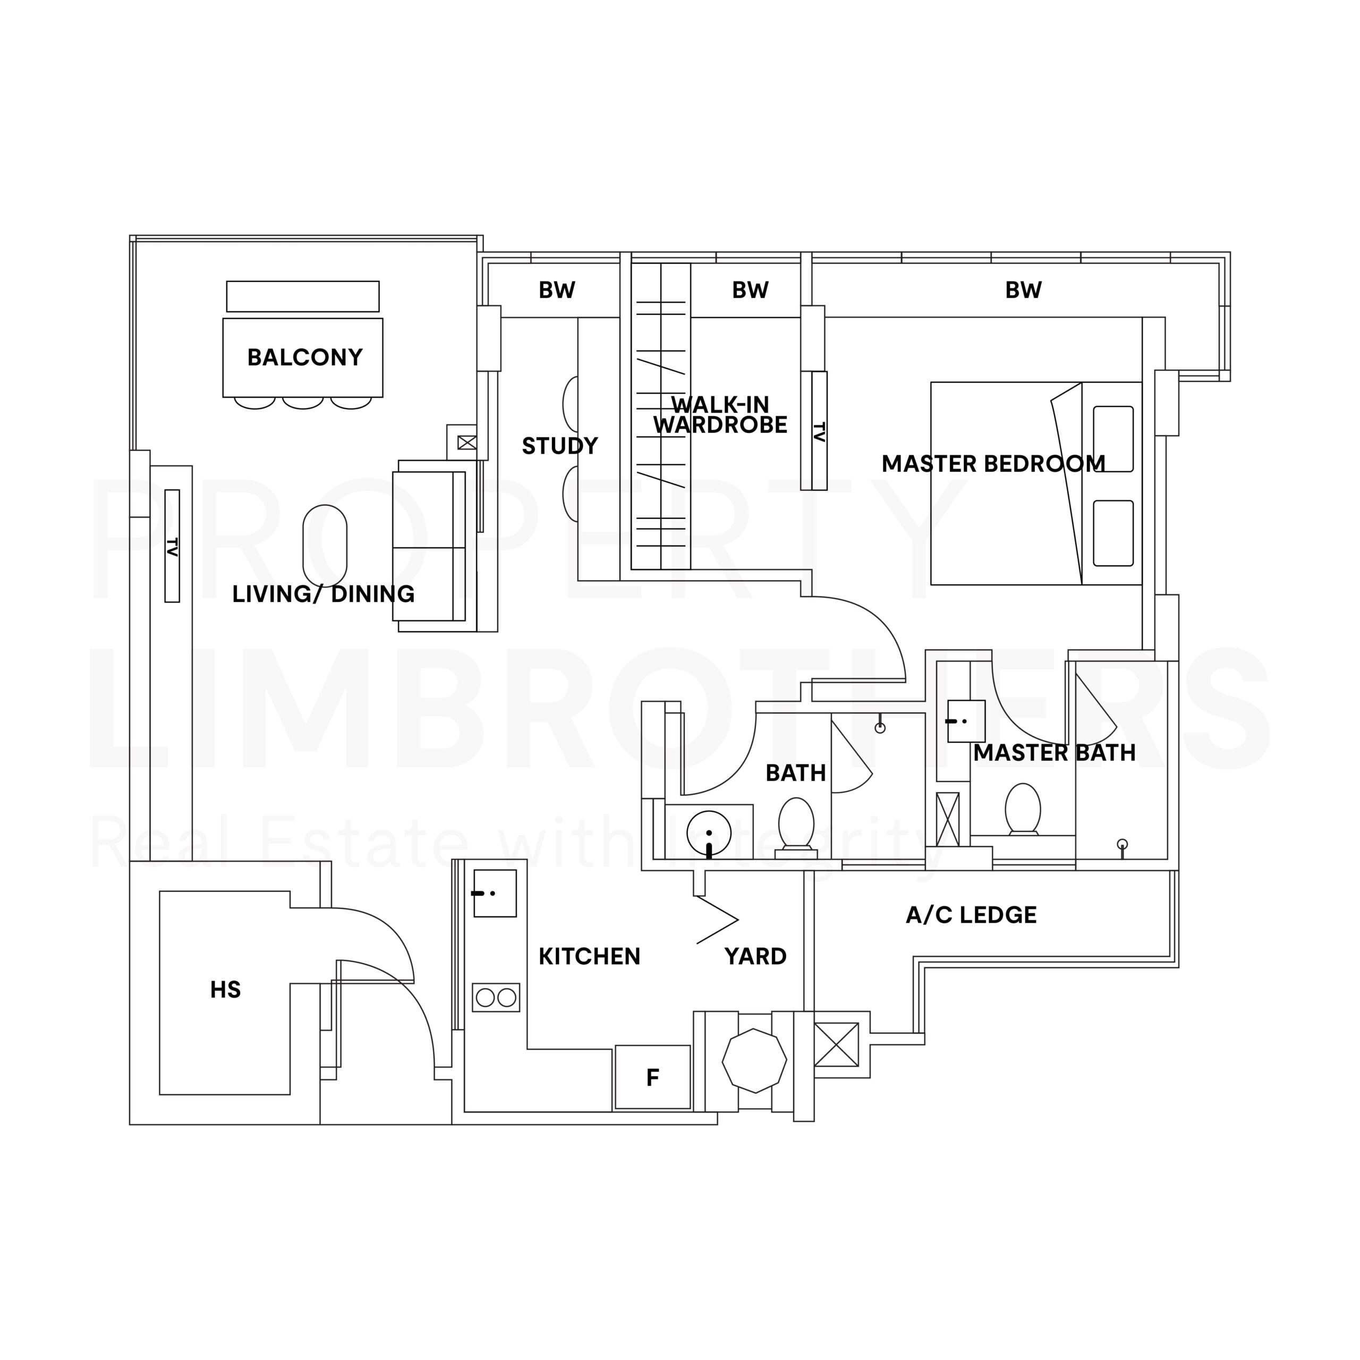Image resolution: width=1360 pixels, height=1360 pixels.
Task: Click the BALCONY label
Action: [305, 358]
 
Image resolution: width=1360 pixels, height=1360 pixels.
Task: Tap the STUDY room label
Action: [559, 446]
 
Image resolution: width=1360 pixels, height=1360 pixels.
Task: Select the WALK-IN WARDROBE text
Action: [720, 414]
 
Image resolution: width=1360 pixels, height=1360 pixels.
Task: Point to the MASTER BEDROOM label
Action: [993, 464]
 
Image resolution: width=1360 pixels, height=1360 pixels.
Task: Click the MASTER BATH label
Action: [1055, 752]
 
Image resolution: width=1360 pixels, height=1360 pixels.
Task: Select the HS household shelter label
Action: [225, 990]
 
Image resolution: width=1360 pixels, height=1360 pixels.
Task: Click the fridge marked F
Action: [652, 1077]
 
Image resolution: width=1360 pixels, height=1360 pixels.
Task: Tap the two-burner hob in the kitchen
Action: [496, 998]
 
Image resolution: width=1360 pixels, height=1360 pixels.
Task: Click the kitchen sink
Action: [495, 893]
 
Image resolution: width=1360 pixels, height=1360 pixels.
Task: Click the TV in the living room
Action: [172, 546]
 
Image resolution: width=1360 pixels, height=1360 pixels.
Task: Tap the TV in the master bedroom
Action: [819, 430]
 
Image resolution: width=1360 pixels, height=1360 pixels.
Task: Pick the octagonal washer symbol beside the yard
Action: [754, 1060]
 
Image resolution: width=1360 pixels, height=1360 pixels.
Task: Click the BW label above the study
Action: [557, 290]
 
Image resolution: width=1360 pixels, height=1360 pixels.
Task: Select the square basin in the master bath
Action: [966, 721]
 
